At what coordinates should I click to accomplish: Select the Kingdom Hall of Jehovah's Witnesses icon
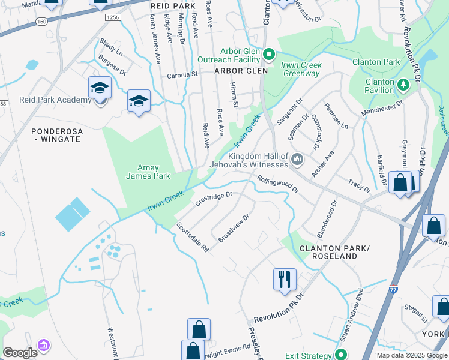(297, 160)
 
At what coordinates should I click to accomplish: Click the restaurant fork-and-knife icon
(284, 279)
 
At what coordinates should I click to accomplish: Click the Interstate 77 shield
(394, 289)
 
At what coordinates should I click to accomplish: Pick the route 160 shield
(41, 20)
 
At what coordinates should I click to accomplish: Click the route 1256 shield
(112, 17)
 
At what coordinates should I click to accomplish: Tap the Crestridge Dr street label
(214, 199)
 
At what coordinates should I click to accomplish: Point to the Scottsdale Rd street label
(192, 237)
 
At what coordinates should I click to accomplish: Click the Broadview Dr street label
(233, 228)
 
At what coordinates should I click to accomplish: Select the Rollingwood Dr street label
(277, 184)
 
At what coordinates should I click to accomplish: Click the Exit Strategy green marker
(342, 353)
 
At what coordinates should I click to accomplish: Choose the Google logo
(20, 353)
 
